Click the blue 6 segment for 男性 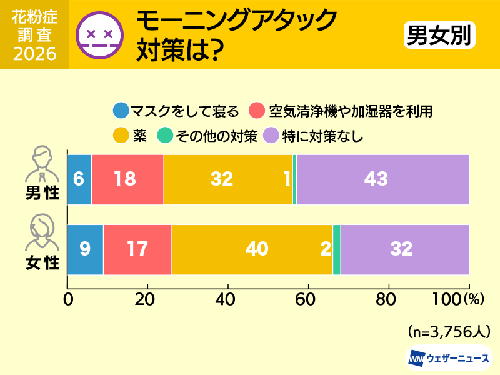(79, 179)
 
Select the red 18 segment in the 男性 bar (127, 179)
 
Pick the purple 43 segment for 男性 (382, 179)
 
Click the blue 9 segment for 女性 (86, 249)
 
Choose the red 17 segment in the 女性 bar (137, 249)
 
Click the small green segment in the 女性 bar (337, 249)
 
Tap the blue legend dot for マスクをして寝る (121, 111)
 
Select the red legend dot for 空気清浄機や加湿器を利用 (257, 111)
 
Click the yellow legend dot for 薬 (121, 135)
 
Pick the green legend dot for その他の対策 (166, 135)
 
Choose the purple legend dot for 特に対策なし (272, 135)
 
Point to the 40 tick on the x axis (227, 298)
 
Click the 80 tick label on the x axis (389, 298)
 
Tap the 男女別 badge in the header (438, 35)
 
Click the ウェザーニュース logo (449, 359)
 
